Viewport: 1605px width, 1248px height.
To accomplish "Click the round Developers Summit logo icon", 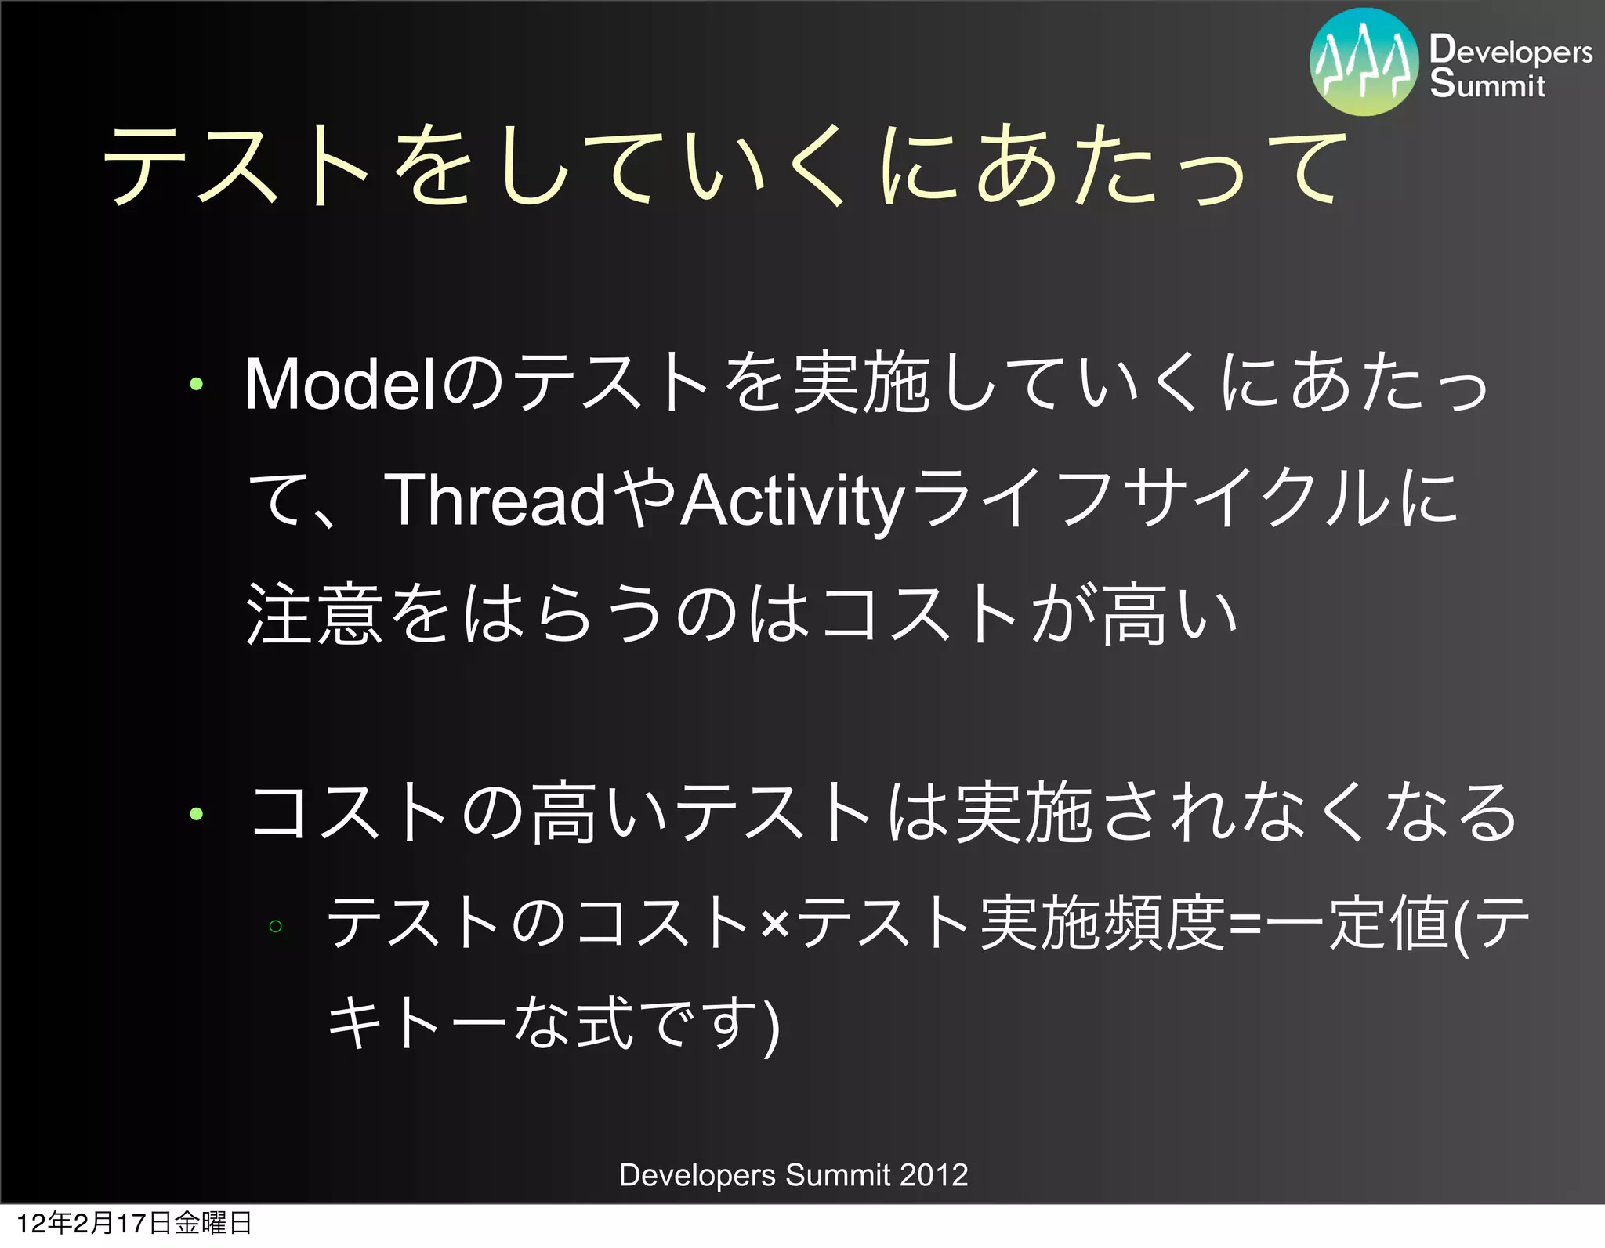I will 1364,63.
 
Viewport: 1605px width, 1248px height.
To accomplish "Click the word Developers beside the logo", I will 1510,51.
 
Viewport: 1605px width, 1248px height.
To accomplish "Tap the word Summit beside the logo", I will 1487,84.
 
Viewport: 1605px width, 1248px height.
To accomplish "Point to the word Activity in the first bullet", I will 792,501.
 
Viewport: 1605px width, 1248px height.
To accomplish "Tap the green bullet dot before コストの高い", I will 196,814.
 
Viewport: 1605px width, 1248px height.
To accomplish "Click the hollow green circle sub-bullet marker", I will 275,926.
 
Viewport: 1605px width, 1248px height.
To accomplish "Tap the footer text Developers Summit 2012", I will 793,1175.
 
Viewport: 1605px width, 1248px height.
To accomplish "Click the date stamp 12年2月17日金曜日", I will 133,1223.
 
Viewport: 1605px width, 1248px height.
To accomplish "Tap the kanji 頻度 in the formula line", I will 1165,924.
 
